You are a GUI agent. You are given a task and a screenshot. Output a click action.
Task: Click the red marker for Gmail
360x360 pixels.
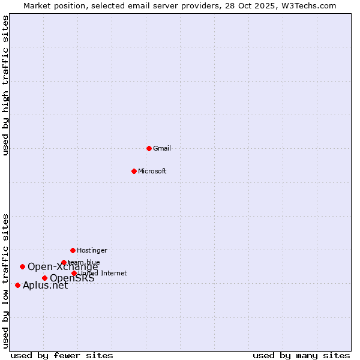(x=149, y=148)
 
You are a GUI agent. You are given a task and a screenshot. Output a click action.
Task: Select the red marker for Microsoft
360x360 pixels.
(x=134, y=171)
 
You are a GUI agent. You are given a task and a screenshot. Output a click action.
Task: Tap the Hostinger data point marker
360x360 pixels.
(x=73, y=250)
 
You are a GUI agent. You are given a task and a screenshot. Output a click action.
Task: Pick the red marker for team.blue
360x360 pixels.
(x=64, y=262)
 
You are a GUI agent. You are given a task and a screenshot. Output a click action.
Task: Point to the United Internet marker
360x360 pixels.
(x=74, y=273)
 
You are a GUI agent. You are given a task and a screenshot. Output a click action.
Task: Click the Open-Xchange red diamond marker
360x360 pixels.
(x=22, y=266)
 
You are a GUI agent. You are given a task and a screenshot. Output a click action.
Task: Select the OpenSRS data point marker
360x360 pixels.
(x=44, y=278)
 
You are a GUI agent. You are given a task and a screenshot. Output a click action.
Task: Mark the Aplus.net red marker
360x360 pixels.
(x=17, y=285)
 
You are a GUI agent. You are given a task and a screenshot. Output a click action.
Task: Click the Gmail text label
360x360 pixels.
(x=162, y=148)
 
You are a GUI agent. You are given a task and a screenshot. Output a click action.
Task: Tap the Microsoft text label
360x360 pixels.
(x=152, y=171)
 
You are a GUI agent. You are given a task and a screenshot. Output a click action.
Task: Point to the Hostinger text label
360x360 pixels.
(x=92, y=250)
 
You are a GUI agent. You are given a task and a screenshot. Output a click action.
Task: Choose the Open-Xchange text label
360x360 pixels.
(x=62, y=267)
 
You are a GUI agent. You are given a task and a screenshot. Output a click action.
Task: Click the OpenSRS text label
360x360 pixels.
(x=72, y=278)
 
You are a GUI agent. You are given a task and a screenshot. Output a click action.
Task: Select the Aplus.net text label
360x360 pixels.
(x=45, y=286)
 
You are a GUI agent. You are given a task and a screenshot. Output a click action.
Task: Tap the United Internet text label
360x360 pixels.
(x=103, y=273)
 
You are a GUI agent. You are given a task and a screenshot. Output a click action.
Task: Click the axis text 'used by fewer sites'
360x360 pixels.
(x=62, y=355)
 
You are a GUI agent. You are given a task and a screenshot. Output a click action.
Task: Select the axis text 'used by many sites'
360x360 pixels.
(x=301, y=355)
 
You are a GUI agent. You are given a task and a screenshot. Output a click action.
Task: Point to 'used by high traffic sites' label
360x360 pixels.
(x=6, y=86)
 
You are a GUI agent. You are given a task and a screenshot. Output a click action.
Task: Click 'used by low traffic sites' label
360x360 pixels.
(x=6, y=281)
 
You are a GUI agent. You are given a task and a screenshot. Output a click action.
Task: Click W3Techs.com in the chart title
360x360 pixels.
(x=306, y=5)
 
